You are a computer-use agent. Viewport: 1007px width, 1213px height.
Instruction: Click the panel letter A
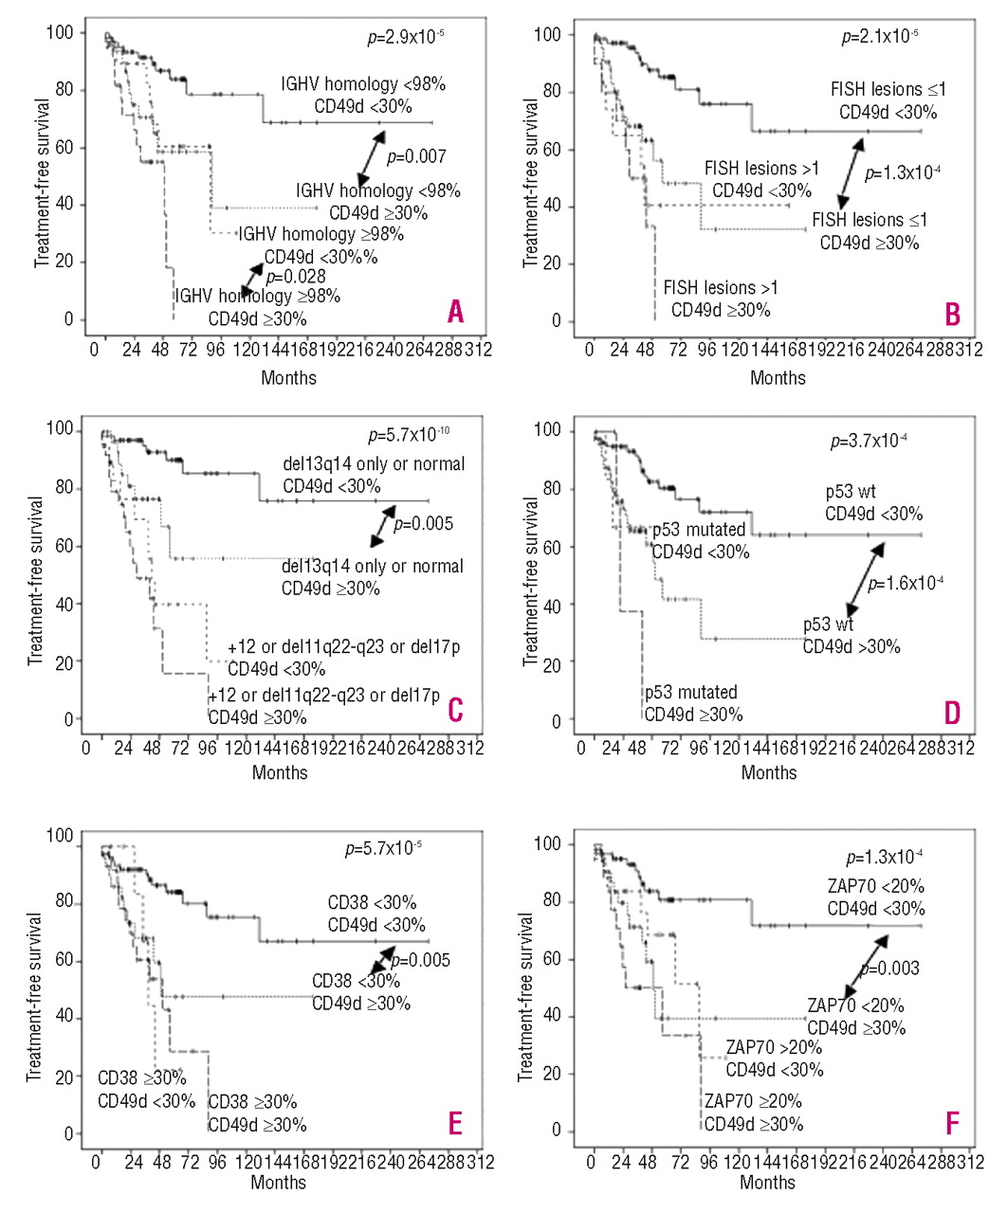click(x=455, y=311)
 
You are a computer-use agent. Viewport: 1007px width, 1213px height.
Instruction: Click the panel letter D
click(x=952, y=713)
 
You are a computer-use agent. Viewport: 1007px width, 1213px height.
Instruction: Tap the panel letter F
click(x=952, y=1124)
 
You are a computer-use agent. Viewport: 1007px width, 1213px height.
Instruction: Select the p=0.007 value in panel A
click(x=417, y=156)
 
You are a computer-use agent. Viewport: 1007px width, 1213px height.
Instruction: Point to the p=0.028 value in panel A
click(x=295, y=277)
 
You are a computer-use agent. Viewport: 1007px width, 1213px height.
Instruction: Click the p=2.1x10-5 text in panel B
click(x=880, y=38)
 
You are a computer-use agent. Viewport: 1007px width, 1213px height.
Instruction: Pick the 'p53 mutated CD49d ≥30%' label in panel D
click(x=693, y=703)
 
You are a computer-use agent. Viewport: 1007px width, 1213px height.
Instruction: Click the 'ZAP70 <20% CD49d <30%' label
click(x=876, y=897)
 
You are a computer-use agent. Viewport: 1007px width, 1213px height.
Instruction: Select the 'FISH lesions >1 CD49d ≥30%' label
click(x=721, y=299)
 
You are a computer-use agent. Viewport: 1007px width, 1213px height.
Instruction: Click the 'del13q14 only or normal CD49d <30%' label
click(x=374, y=475)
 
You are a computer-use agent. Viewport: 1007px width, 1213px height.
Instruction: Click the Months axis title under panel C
click(x=280, y=772)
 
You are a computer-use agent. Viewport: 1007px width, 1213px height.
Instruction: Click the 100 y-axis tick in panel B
click(x=548, y=35)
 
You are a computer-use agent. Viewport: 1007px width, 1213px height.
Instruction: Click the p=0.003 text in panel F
click(x=889, y=969)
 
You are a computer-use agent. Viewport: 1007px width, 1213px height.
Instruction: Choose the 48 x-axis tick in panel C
click(x=152, y=748)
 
